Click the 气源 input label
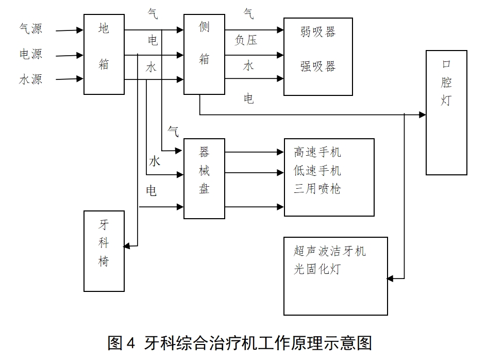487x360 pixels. (30, 29)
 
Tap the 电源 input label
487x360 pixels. (30, 54)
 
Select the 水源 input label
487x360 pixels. (30, 79)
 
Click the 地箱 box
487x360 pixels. (104, 54)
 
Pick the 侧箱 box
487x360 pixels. (204, 54)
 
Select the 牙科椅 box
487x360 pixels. (104, 251)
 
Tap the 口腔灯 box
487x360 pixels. (446, 112)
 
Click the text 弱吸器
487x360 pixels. (318, 32)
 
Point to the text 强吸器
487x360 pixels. (318, 67)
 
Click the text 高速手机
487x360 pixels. (317, 152)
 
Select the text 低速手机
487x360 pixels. (317, 171)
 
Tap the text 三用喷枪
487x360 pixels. (317, 189)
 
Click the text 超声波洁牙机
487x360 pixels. (330, 251)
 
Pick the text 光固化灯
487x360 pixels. (317, 269)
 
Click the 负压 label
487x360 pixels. (246, 41)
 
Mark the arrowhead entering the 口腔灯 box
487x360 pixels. (423, 114)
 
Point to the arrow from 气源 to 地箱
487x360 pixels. (70, 30)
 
